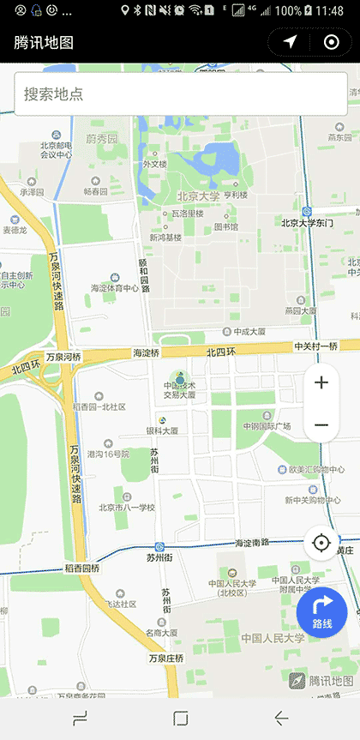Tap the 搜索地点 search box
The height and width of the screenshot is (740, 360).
point(180,93)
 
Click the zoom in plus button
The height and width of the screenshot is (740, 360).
point(321,382)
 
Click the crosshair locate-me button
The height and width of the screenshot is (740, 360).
point(321,543)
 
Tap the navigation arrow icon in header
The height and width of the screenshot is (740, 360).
point(291,42)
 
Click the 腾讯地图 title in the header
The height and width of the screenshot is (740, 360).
point(44,43)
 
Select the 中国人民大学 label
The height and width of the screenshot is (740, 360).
point(273,638)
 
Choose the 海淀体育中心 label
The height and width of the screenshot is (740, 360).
point(114,288)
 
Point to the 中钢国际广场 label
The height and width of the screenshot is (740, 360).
point(267,426)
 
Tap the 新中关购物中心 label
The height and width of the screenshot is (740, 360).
point(313,500)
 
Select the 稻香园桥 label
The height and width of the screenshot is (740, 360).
point(82,568)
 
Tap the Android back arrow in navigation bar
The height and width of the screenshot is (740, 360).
point(280,718)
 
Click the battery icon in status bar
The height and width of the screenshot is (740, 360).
point(308,10)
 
